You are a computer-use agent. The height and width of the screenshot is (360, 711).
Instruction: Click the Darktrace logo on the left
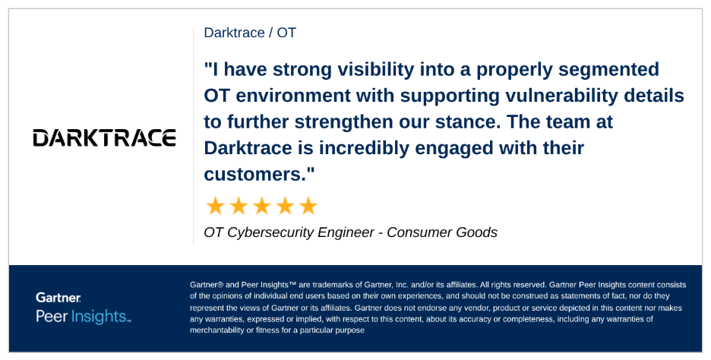(105, 137)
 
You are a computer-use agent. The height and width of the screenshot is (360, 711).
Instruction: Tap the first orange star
(216, 206)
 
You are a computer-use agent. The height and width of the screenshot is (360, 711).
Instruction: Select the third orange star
(261, 206)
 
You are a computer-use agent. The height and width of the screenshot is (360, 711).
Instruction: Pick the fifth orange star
(308, 206)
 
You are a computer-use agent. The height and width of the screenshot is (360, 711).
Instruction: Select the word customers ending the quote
(257, 174)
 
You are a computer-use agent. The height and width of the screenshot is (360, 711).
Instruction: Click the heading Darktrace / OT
(250, 33)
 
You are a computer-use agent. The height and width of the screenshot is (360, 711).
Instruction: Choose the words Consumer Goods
(442, 232)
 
